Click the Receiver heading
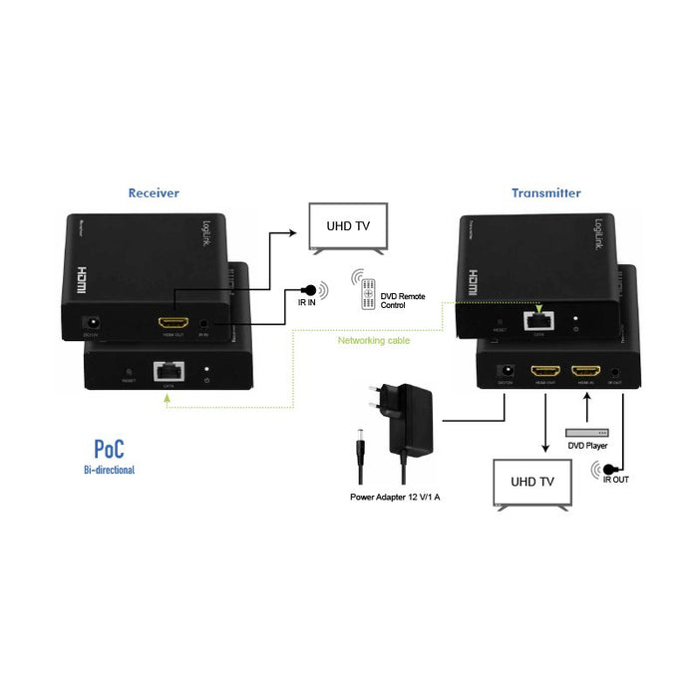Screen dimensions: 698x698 154,192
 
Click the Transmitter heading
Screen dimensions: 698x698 545,192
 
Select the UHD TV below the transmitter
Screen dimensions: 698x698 533,482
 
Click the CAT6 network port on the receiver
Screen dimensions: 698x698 167,372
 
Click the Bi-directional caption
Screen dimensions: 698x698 109,468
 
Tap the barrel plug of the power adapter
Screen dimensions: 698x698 358,448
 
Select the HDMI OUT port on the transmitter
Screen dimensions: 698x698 544,372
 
